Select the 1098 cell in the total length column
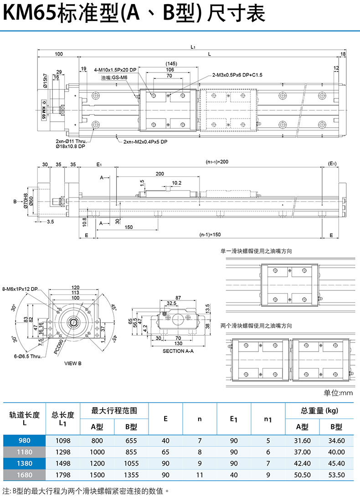click(63, 440)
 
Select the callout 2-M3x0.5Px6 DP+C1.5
click(237, 74)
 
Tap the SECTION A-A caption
click(178, 351)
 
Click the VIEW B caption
click(72, 363)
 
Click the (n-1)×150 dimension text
click(210, 235)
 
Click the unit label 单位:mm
click(338, 393)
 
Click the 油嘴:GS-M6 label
click(114, 78)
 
